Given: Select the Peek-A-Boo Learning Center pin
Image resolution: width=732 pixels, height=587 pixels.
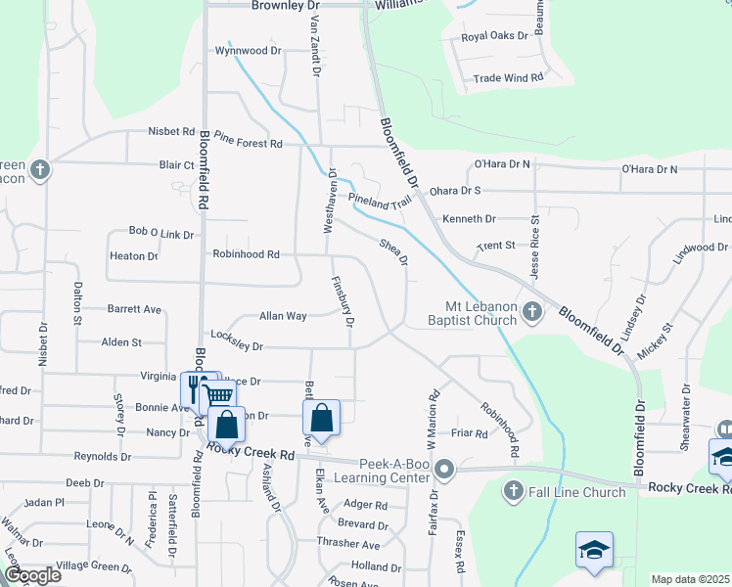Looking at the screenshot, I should (x=444, y=471).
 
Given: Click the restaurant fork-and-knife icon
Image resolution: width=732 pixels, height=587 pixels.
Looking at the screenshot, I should (x=194, y=385).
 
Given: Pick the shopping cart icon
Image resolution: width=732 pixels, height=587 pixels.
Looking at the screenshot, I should (x=218, y=393).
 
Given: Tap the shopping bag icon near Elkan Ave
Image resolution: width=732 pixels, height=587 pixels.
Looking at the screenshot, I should (x=322, y=418).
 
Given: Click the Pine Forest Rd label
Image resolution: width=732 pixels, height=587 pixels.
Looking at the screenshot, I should (x=249, y=144).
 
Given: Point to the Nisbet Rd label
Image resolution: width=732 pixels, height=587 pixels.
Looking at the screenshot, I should (x=171, y=131).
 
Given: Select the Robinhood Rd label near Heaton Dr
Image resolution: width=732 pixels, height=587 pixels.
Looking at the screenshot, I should (x=247, y=254).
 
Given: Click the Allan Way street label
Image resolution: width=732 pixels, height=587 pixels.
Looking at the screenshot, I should (x=283, y=316).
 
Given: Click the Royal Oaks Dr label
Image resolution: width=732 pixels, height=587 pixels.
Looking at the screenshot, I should (x=494, y=37).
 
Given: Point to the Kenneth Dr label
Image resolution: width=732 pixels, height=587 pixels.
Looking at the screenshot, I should (x=469, y=219).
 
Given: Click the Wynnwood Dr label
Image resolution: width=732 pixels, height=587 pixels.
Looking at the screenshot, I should (x=248, y=50).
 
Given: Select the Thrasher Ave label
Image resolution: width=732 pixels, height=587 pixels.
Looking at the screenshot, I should (x=348, y=544).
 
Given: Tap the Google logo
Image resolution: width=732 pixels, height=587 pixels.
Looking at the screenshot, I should (x=31, y=575).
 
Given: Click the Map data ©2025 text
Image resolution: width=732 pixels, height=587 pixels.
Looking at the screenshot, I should (x=691, y=579).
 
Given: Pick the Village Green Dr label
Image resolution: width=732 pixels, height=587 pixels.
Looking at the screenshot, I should (x=94, y=566).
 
